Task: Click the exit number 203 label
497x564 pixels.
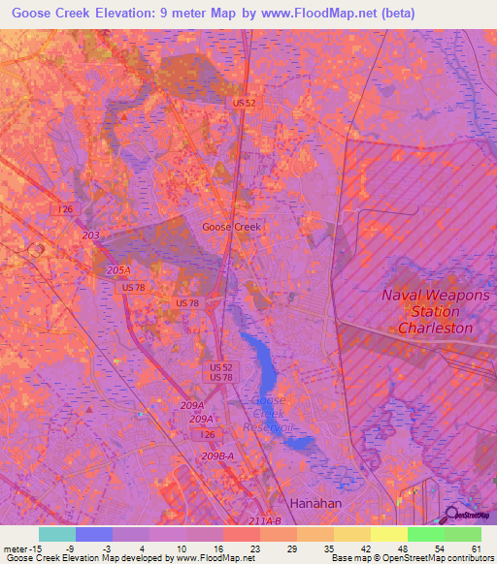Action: (x=91, y=235)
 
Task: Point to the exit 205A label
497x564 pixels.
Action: (x=118, y=270)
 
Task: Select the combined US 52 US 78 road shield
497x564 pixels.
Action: (x=220, y=371)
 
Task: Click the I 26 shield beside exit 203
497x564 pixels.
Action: (x=66, y=209)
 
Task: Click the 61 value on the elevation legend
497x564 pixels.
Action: (x=476, y=548)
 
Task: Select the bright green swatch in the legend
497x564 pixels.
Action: (x=425, y=534)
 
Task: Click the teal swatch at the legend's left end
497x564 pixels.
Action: (x=57, y=534)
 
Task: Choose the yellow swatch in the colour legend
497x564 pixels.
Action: (x=388, y=534)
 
